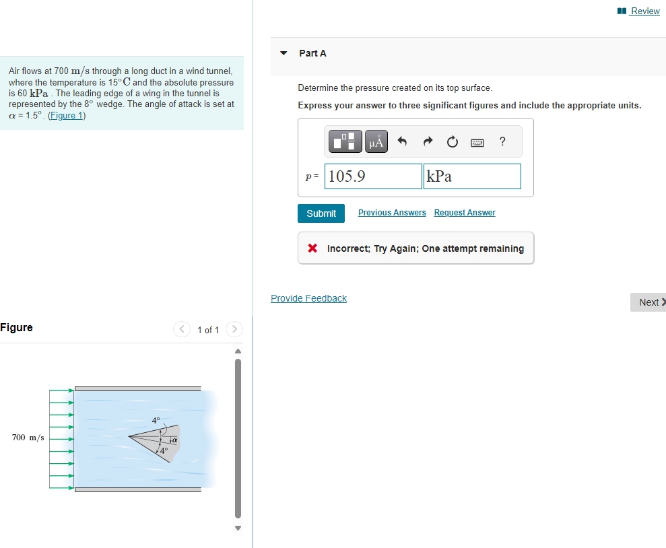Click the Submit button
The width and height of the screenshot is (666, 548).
click(321, 213)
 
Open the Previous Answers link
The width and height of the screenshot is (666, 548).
click(392, 213)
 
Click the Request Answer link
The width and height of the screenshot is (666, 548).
click(465, 213)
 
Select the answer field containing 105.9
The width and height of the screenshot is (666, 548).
click(373, 176)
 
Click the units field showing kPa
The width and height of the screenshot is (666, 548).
click(471, 176)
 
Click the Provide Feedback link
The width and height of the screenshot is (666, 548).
click(308, 298)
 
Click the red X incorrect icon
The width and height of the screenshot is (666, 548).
click(312, 248)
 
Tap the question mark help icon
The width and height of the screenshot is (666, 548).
click(502, 141)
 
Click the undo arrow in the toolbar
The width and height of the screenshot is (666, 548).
click(403, 142)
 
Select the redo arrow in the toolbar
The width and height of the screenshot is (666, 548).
click(428, 142)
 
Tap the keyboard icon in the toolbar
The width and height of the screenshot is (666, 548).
click(477, 142)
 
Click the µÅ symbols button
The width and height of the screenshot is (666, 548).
click(377, 142)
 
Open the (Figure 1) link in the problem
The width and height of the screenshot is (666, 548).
click(67, 115)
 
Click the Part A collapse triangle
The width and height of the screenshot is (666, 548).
click(284, 53)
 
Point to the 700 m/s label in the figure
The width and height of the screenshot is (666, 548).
click(28, 438)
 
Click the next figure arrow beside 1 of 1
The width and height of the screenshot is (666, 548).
click(234, 329)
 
